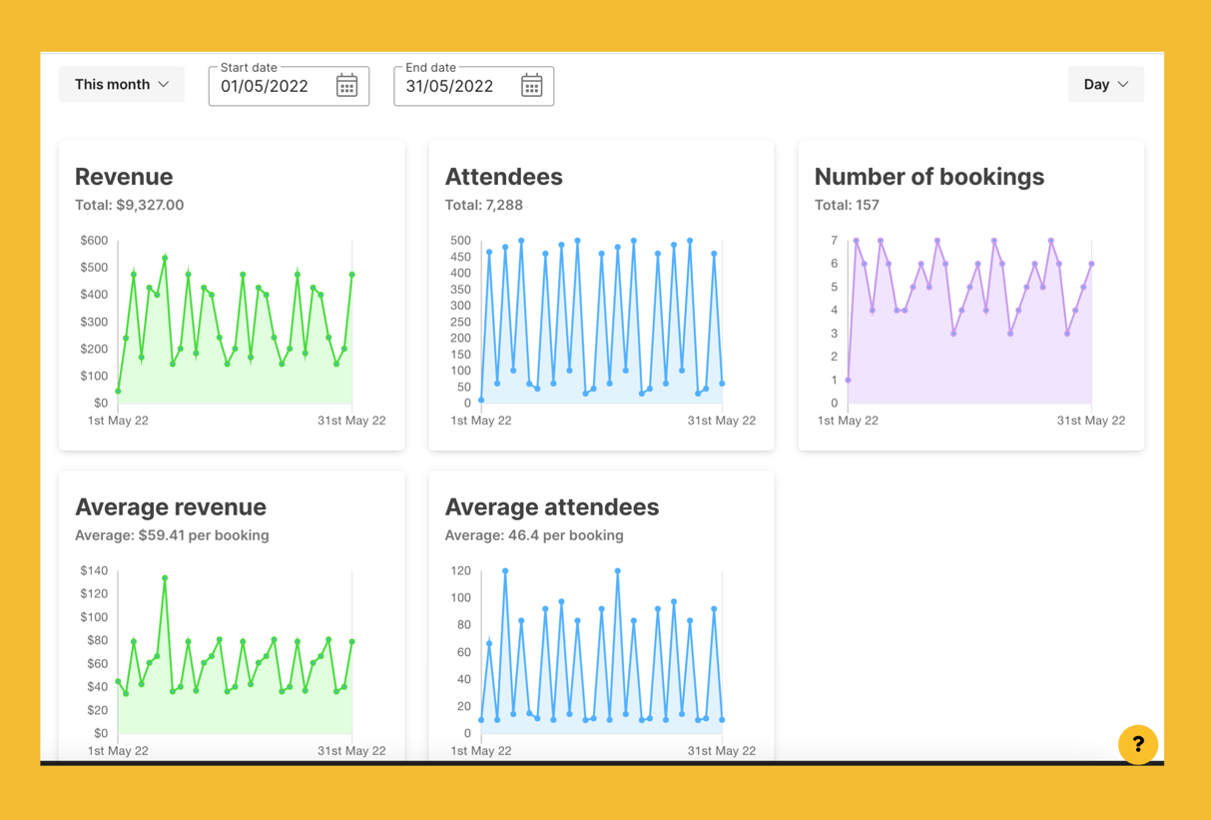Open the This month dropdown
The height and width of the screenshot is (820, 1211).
tap(121, 85)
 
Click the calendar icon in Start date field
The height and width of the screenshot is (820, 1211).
tap(346, 86)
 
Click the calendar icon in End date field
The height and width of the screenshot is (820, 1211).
tap(531, 86)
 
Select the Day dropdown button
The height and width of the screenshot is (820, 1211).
tap(1105, 85)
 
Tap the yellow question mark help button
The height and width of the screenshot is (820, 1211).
tap(1137, 744)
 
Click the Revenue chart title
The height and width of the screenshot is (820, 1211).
tap(124, 177)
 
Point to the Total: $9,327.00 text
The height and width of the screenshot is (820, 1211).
tap(129, 205)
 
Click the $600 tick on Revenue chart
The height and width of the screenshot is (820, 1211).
tap(94, 241)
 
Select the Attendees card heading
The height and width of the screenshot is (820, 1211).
tap(503, 177)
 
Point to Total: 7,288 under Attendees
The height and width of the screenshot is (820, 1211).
tap(483, 205)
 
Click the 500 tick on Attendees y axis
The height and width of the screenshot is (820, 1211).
tap(460, 241)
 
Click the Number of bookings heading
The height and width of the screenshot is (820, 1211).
tap(928, 177)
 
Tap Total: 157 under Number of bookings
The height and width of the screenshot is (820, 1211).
tap(847, 205)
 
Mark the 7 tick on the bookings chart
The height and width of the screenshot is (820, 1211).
tap(834, 241)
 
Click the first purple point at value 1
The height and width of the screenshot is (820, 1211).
tap(849, 380)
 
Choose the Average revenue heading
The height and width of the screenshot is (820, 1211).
tap(171, 507)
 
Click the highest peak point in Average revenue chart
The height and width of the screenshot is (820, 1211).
tap(165, 578)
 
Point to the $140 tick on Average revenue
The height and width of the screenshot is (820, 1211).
tap(94, 571)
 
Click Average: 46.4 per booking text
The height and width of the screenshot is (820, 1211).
tap(533, 535)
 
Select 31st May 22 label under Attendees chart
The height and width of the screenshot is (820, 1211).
tap(721, 420)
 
